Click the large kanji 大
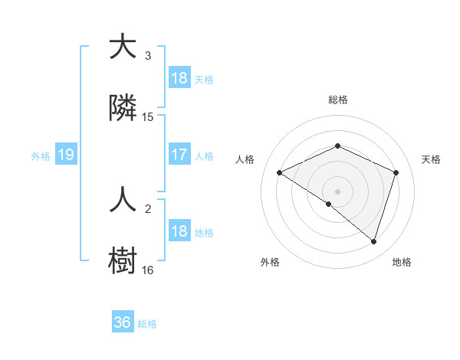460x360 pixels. tap(123, 47)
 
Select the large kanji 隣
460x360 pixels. tap(123, 109)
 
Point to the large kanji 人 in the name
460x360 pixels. tap(123, 201)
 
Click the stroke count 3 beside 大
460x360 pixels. tap(148, 56)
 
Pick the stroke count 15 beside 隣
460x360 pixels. tap(148, 117)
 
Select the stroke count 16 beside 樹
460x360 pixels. tap(148, 270)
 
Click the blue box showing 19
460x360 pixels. tap(65, 155)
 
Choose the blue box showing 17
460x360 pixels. tap(179, 155)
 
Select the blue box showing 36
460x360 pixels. tap(122, 323)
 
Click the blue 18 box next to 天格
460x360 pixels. tap(179, 78)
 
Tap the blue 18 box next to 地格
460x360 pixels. tap(179, 232)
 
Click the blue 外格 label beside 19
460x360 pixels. tap(41, 156)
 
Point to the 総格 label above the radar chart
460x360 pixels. tap(338, 100)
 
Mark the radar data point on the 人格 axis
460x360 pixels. tap(280, 172)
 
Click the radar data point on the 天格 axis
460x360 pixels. tap(396, 172)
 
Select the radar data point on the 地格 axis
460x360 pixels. tap(374, 241)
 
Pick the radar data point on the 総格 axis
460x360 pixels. tap(338, 146)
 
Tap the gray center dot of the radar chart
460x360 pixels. tap(338, 191)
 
